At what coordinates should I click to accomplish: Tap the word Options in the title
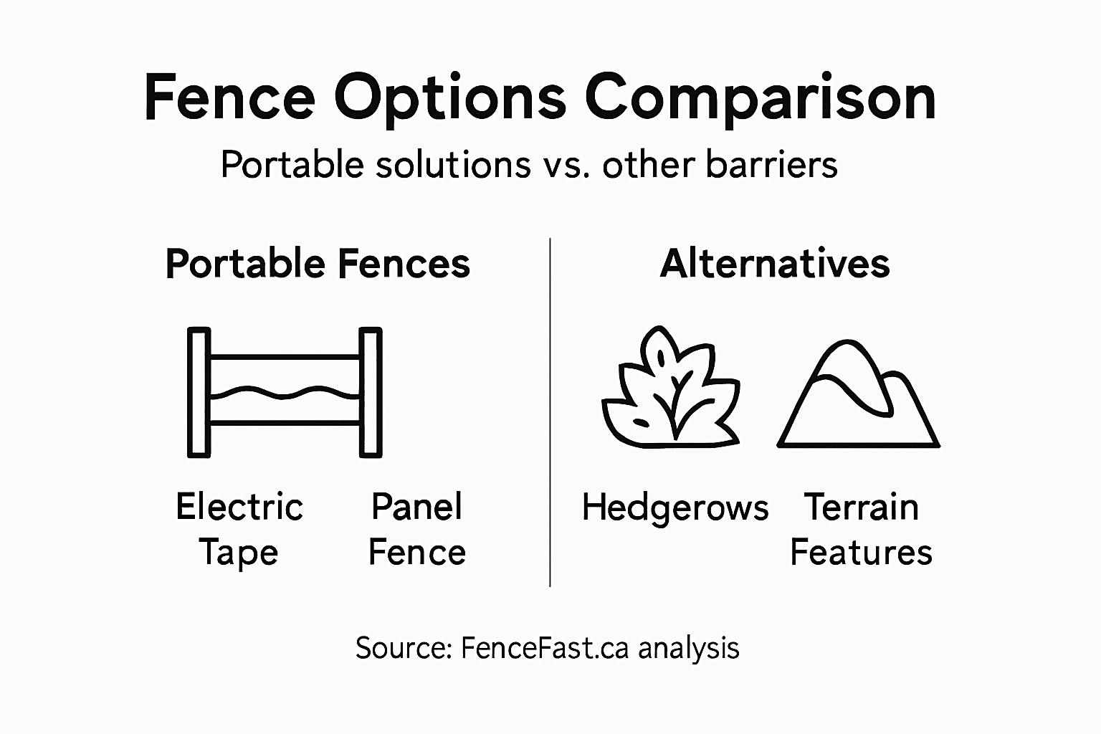450,99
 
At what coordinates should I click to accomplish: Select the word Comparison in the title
761,99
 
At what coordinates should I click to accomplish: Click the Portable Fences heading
318,264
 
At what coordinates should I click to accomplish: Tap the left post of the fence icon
199,392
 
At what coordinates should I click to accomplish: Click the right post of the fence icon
371,392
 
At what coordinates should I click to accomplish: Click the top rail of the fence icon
285,356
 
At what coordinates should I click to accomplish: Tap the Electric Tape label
239,529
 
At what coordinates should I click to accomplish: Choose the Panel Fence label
416,529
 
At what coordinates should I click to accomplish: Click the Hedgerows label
675,507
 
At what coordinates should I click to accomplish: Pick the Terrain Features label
861,529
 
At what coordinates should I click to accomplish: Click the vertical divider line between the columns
550,412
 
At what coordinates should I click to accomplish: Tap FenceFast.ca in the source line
544,648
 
